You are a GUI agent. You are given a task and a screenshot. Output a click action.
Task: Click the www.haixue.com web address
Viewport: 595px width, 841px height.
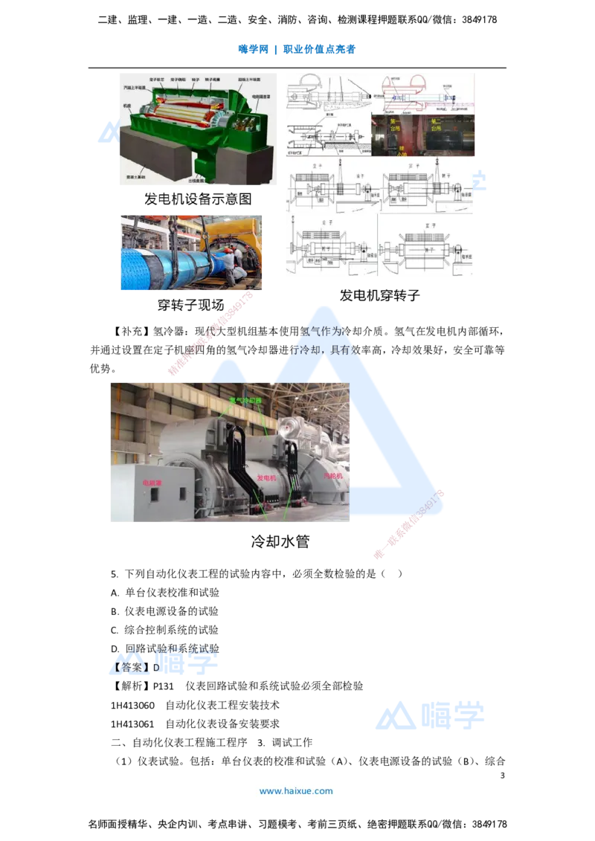tap(295, 791)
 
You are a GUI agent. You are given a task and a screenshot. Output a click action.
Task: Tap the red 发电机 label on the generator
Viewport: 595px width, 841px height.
tap(266, 477)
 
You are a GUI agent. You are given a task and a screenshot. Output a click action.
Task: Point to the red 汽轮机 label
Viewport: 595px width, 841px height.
tap(332, 474)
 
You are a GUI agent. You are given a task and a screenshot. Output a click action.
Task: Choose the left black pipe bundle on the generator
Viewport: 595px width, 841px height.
tap(239, 462)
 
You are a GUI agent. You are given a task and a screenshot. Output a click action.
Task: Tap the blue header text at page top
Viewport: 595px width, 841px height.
tap(297, 50)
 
